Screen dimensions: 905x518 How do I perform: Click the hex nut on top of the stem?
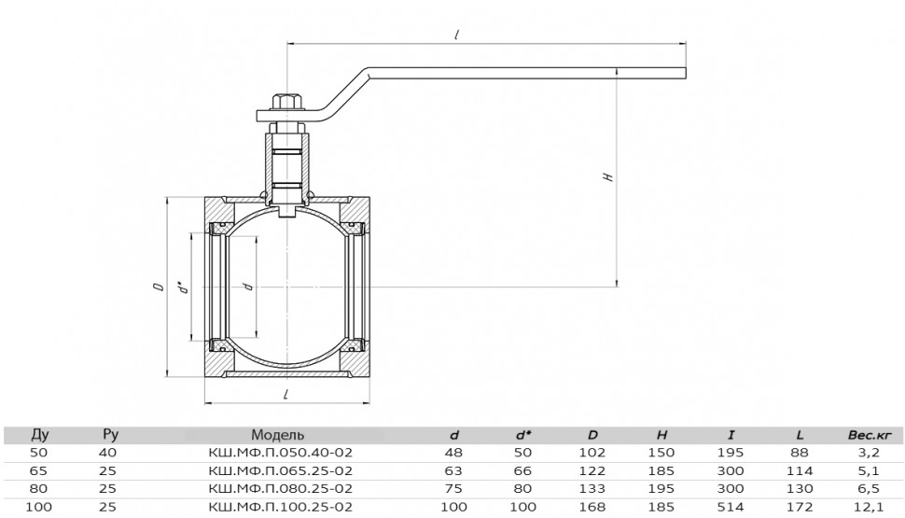tap(287, 101)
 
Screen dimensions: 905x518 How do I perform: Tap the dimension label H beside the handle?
tap(607, 176)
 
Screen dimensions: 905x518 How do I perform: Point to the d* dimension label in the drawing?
tap(184, 287)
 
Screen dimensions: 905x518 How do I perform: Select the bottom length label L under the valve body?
tap(285, 394)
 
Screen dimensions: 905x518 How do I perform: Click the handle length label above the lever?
tap(456, 35)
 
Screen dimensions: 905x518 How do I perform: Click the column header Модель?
tap(277, 434)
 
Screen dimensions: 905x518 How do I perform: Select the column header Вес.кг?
tap(870, 435)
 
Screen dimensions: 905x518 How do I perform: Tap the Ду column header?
tap(39, 434)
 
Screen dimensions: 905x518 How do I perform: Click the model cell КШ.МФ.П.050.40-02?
tap(280, 452)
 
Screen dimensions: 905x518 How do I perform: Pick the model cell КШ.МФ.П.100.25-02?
tap(280, 507)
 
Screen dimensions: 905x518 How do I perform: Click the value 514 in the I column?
tap(731, 507)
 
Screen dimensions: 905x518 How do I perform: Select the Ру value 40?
tap(108, 452)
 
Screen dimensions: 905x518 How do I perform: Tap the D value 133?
tap(592, 488)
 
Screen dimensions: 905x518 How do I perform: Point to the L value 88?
tap(800, 452)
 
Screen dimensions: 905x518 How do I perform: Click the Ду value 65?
tap(38, 470)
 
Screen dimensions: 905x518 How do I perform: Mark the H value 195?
tap(661, 488)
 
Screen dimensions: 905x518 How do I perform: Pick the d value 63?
tap(453, 470)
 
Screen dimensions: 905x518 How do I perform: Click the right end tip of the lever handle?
tap(686, 73)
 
